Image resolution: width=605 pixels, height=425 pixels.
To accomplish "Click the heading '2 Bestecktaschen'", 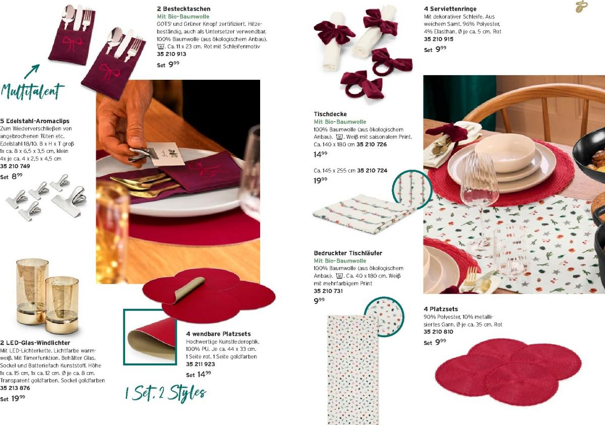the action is [x=184, y=9].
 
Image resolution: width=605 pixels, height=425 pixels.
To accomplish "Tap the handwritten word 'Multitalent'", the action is [x=32, y=91].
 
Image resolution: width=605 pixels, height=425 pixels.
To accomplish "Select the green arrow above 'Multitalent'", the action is [x=32, y=71].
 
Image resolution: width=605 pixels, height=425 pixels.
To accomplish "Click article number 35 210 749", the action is [x=15, y=166].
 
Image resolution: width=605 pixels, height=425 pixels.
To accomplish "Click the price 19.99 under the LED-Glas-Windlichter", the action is [x=18, y=398].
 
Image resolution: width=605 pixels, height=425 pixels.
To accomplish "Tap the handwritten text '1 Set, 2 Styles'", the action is [x=165, y=393].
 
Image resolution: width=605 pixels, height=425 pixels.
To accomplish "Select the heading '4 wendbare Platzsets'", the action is [x=218, y=334].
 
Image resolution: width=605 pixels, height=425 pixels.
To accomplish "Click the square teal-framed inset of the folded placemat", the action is [x=150, y=337].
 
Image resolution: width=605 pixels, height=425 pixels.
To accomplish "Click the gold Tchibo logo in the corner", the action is [x=581, y=7].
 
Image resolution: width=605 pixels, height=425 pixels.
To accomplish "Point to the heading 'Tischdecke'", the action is [x=330, y=114].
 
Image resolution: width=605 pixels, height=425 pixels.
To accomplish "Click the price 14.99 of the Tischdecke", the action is [x=320, y=154].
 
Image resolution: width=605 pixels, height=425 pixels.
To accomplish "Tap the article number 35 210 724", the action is [x=372, y=170].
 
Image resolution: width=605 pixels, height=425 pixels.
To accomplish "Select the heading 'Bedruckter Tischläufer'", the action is [x=348, y=253].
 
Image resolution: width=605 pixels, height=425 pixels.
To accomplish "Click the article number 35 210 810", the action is [x=438, y=332].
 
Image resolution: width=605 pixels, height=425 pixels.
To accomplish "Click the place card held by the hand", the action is [x=165, y=153].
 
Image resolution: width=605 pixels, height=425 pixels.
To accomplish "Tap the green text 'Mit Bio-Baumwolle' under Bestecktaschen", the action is [x=183, y=17].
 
